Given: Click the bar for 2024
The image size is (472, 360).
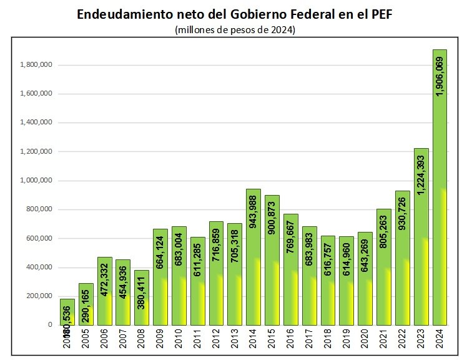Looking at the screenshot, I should [x=440, y=187].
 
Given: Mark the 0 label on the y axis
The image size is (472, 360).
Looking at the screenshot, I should [x=49, y=325].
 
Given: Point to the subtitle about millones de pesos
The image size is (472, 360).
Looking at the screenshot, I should [x=235, y=29].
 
